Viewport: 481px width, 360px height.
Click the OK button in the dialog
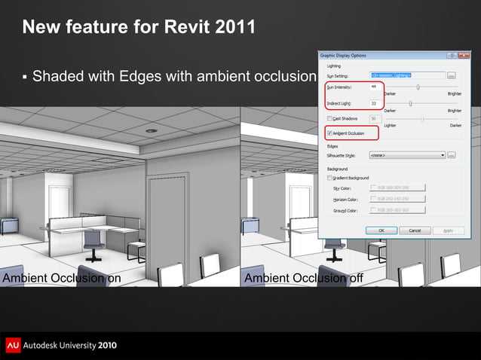tap(381, 230)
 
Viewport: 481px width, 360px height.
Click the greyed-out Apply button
tap(449, 230)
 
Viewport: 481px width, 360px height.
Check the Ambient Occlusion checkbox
tap(329, 133)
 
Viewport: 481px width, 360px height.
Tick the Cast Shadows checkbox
tap(329, 118)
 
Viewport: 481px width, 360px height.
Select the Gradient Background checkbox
tap(329, 178)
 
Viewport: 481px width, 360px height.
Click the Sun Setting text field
tap(406, 75)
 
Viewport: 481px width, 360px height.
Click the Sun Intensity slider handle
tap(418, 87)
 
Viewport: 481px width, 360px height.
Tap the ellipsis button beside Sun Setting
tap(451, 75)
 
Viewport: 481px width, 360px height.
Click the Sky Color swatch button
tap(398, 188)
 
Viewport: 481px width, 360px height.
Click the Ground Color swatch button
tap(398, 211)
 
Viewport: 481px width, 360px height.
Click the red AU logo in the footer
tap(13, 345)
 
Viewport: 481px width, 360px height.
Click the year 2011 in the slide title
tap(232, 28)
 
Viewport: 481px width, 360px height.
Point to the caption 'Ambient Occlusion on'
tap(61, 278)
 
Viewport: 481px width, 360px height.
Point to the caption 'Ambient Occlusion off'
tap(303, 278)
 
